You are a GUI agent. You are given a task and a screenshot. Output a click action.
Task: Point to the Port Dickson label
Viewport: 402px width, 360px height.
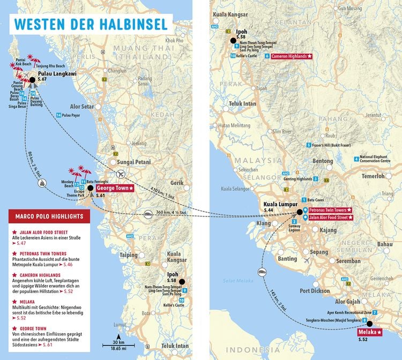pos(315,291)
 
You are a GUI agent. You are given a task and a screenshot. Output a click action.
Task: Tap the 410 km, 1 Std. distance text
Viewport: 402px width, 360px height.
pos(162,190)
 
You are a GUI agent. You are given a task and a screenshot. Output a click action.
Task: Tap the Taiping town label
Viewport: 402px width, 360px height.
pos(129,255)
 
